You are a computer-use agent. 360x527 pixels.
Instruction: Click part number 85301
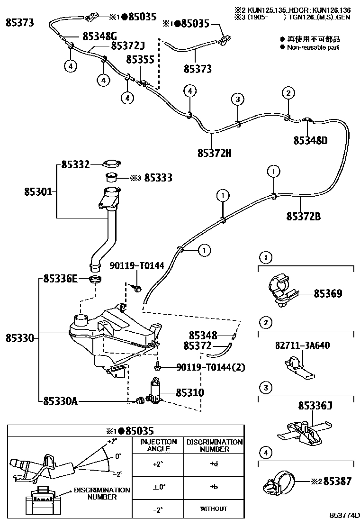coord(38,192)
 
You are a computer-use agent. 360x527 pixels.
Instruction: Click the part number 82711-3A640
coord(302,345)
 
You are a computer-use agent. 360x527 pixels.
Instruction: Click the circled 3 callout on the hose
coord(238,99)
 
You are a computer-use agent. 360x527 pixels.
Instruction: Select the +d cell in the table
coord(214,464)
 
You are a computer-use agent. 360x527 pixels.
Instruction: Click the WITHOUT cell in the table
coord(214,509)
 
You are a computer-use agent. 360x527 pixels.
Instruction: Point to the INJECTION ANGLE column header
coord(158,445)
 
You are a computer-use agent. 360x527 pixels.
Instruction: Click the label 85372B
coord(303,216)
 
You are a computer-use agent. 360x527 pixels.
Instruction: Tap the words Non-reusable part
coord(313,47)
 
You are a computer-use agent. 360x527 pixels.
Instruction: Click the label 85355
coord(140,59)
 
